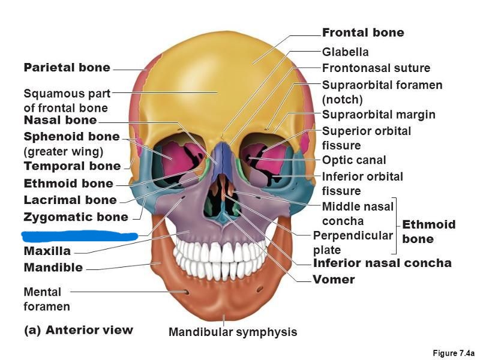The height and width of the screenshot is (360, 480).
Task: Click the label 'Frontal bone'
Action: (x=363, y=32)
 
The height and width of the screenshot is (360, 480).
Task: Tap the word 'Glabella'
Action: (x=346, y=52)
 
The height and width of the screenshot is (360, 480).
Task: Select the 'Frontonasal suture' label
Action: (x=376, y=68)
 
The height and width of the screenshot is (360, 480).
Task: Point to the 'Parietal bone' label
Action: (x=67, y=68)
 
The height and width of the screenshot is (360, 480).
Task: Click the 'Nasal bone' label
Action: (x=60, y=121)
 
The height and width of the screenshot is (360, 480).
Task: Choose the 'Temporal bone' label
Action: (x=72, y=166)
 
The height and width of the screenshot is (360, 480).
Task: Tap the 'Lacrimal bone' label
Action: (x=70, y=200)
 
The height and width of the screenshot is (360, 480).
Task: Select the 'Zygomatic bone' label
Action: (x=76, y=217)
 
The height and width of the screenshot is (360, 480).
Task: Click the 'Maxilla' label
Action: (x=47, y=251)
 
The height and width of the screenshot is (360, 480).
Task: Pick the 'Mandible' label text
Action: (x=53, y=268)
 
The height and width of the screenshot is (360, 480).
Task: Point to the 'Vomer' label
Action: (x=334, y=280)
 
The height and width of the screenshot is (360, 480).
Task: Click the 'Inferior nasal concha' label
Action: (x=382, y=263)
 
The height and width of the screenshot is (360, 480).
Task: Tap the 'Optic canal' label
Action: (x=354, y=160)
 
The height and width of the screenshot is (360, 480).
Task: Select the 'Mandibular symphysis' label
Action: (x=233, y=332)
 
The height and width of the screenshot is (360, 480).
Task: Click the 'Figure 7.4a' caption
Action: (x=454, y=353)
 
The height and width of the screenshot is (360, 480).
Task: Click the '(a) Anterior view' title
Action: (x=78, y=330)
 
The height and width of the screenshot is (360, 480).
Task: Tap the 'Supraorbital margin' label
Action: (x=379, y=115)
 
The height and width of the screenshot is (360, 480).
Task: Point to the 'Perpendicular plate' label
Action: (x=352, y=242)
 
